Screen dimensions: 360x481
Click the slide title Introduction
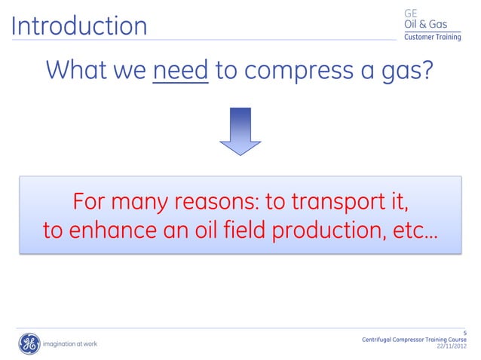click(78, 26)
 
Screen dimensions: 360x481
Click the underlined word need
click(180, 72)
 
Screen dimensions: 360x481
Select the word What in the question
click(78, 72)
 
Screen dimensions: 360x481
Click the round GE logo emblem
click(29, 343)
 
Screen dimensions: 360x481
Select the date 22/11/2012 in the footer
click(451, 347)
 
